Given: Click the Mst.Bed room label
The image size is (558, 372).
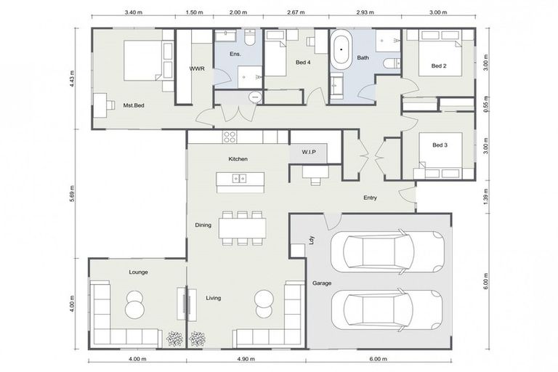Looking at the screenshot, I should (134, 105).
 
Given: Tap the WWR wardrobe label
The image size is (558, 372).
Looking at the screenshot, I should (196, 69).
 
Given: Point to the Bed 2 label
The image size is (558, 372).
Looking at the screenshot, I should (438, 66).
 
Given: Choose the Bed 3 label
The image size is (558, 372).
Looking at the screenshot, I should (439, 145).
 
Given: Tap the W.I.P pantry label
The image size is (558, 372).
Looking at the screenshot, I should (310, 153).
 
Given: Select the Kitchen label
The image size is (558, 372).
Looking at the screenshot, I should (238, 158).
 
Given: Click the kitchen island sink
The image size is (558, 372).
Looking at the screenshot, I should (238, 178).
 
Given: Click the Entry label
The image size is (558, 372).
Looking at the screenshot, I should (371, 197).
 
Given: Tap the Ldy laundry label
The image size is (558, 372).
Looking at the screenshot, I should (311, 240).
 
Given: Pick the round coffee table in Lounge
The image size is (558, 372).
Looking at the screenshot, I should (135, 304).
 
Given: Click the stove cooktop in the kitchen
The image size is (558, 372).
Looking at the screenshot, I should (230, 136).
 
